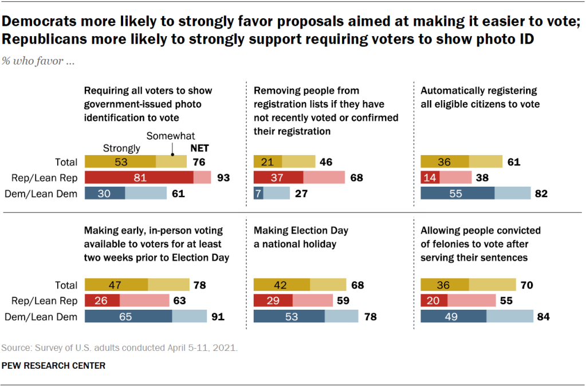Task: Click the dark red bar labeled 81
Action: click(x=139, y=177)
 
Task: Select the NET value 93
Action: click(x=223, y=177)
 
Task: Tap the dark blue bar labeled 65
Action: click(x=128, y=316)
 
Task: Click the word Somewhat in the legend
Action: click(x=171, y=136)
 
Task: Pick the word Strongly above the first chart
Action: click(x=121, y=148)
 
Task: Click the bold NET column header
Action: click(x=199, y=148)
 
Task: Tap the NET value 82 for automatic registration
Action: click(x=540, y=193)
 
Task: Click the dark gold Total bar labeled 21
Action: click(x=268, y=161)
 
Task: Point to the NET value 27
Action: click(x=301, y=193)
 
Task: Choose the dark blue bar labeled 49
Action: click(x=453, y=316)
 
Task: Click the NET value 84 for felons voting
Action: click(x=542, y=316)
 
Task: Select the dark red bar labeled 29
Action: click(x=273, y=301)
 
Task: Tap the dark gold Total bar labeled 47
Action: click(x=116, y=285)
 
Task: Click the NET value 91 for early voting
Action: click(x=217, y=316)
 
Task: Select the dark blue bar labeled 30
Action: click(x=105, y=193)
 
